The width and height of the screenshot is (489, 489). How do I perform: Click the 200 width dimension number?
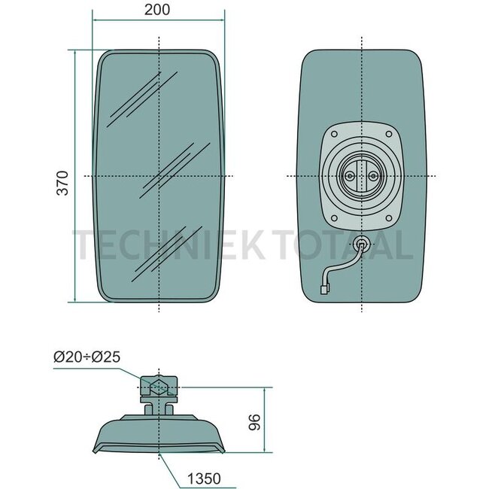tap(157, 9)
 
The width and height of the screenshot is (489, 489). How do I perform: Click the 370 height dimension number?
tap(62, 183)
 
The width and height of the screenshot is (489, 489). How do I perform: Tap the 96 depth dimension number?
tap(254, 422)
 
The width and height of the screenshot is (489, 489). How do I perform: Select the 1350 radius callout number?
tap(204, 478)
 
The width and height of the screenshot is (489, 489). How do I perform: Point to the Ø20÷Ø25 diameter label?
tap(87, 357)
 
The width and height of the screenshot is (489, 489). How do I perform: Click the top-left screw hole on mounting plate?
tap(334, 135)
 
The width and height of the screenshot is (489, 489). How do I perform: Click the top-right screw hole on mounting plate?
tap(389, 134)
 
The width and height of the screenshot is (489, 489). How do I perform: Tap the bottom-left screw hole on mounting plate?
tap(334, 218)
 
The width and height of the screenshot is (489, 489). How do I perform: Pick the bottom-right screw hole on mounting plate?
tap(389, 218)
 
